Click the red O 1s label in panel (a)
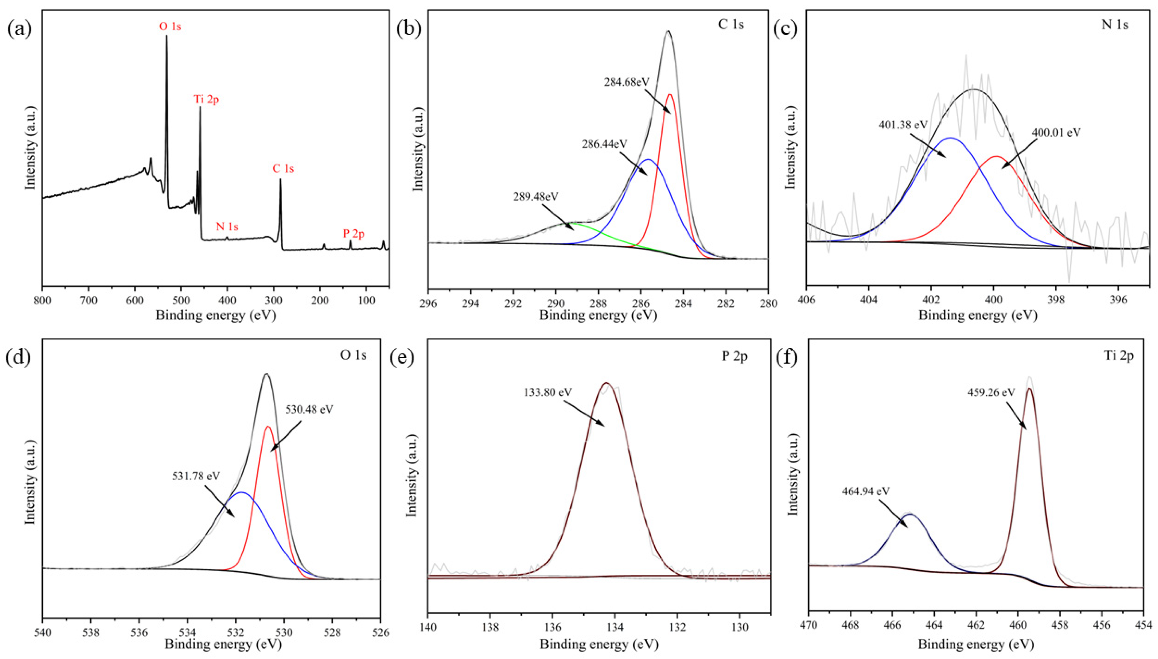tap(170, 27)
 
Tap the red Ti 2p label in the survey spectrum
tap(206, 99)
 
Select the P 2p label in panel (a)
tap(353, 234)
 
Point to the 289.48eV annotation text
tap(536, 197)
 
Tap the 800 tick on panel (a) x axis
tap(43, 301)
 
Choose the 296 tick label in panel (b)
tap(428, 302)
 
